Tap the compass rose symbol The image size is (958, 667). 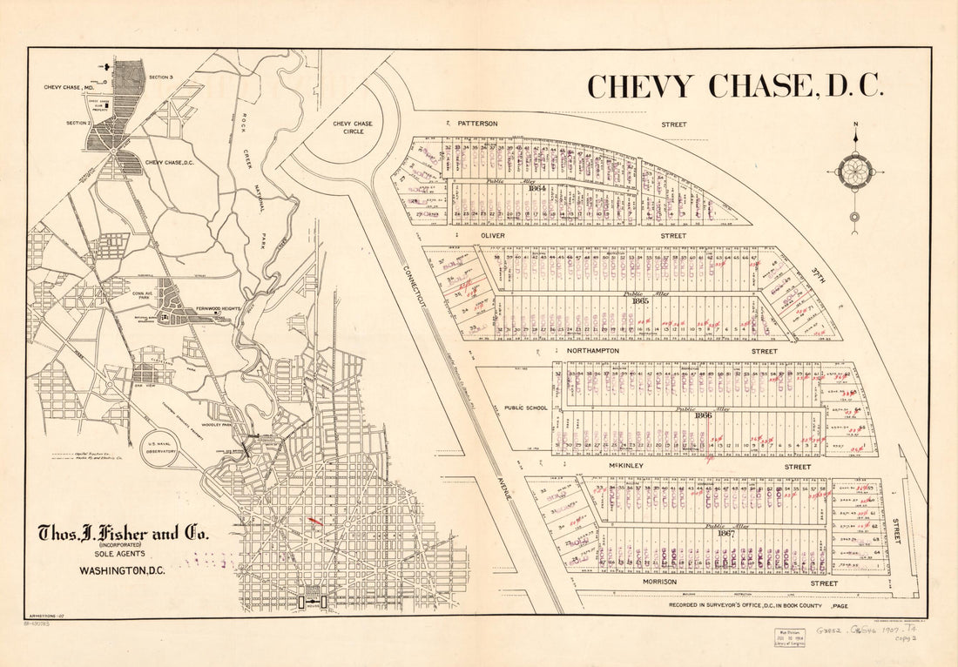click(x=854, y=172)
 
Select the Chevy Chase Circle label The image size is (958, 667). click(x=353, y=128)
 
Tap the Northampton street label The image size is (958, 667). click(x=591, y=351)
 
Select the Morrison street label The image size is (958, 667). click(x=659, y=583)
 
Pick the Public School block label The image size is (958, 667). click(x=525, y=408)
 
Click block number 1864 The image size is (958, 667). click(x=536, y=188)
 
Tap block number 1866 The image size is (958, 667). click(x=704, y=415)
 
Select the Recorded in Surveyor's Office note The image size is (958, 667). click(x=758, y=603)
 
